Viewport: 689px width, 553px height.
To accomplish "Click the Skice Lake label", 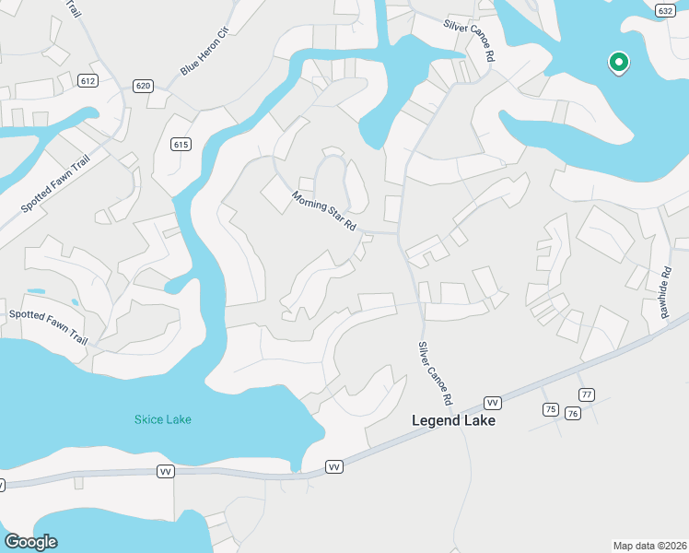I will click(x=163, y=420).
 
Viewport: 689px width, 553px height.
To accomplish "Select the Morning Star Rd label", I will click(x=324, y=211).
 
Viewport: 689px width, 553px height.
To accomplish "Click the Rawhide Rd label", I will click(x=665, y=293).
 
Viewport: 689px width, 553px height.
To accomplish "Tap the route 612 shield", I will click(x=88, y=81).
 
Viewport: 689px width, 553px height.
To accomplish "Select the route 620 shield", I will click(x=142, y=86).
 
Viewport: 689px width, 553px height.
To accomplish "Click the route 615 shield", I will click(x=181, y=144).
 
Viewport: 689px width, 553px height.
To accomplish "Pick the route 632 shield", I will click(x=665, y=10).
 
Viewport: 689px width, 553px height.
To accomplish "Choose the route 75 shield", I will click(x=550, y=409).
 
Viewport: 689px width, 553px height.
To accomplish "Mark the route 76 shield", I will click(x=573, y=413).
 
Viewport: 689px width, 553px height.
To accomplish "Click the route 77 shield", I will click(x=587, y=395).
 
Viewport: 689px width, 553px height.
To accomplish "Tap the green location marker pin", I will click(x=619, y=63).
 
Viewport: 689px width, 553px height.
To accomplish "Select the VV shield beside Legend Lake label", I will click(x=493, y=403).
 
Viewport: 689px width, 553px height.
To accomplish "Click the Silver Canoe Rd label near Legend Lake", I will click(x=436, y=374).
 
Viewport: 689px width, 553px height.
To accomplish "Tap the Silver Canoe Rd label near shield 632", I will click(x=469, y=41).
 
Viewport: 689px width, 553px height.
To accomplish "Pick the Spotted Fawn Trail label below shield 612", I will click(x=58, y=183).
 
